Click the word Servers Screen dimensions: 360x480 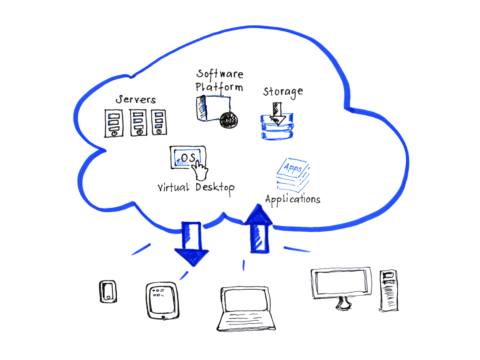tap(135, 100)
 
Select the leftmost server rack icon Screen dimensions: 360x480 tap(113, 123)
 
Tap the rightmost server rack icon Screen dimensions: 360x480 tap(158, 122)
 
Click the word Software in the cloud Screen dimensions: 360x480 tap(220, 74)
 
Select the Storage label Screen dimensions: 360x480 tap(283, 91)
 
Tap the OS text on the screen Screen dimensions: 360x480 tap(187, 158)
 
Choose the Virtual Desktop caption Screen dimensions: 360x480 tap(196, 187)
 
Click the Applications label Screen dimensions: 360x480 tap(293, 199)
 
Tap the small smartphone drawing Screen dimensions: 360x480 tap(108, 291)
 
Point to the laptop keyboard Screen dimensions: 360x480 tap(247, 320)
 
